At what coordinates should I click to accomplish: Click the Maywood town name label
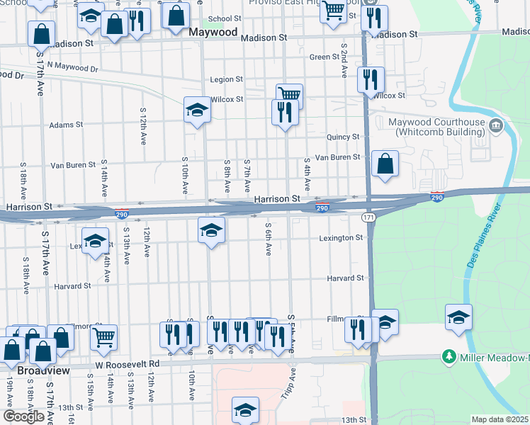pos(214,32)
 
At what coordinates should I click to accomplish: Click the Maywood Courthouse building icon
pos(496,127)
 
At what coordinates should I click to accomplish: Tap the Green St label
pos(325,57)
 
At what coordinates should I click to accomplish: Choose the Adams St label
pos(66,125)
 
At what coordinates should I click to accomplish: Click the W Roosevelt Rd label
pos(128,364)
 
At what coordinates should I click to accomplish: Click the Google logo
pos(23,416)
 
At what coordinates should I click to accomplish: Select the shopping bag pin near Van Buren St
pos(384,164)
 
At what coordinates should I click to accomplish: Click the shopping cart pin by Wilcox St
pos(289,95)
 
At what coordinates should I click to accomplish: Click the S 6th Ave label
pos(269,240)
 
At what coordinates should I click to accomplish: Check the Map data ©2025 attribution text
pos(500,419)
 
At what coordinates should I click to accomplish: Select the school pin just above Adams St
pos(198,110)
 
